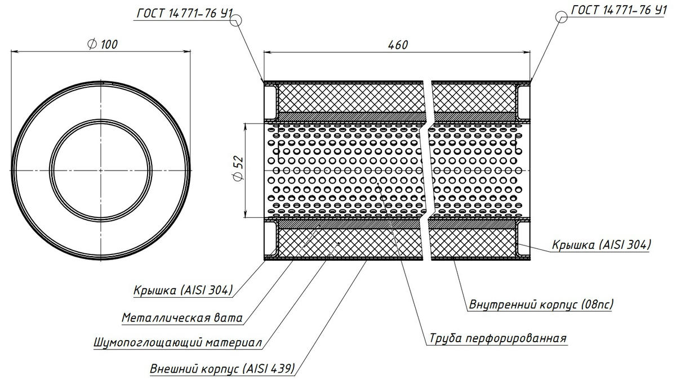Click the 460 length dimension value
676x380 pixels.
[397, 44]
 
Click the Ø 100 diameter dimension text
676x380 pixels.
[103, 44]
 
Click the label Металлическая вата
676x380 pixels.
[182, 318]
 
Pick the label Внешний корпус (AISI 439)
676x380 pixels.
[222, 369]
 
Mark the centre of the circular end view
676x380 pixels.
[101, 169]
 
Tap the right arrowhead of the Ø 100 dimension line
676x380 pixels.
[189, 52]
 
